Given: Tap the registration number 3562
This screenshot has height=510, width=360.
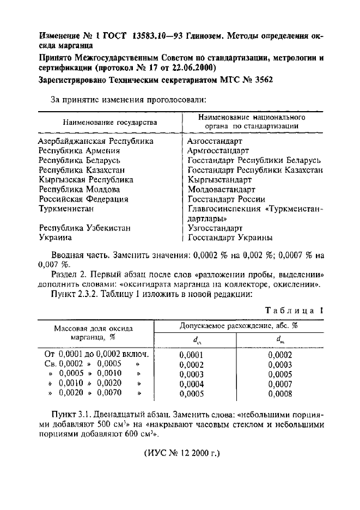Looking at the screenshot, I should [262, 80].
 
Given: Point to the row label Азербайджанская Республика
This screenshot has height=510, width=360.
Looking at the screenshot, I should [96, 142].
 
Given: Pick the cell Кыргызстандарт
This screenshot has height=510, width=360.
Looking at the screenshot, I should [219, 180].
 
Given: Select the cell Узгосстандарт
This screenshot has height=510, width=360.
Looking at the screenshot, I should [215, 228].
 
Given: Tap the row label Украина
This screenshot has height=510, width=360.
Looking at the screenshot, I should [55, 238].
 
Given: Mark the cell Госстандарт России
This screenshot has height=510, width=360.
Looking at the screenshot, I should [226, 199].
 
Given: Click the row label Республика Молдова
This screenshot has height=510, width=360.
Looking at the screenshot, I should [80, 190].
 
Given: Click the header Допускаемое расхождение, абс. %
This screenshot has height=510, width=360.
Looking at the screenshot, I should [239, 325].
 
